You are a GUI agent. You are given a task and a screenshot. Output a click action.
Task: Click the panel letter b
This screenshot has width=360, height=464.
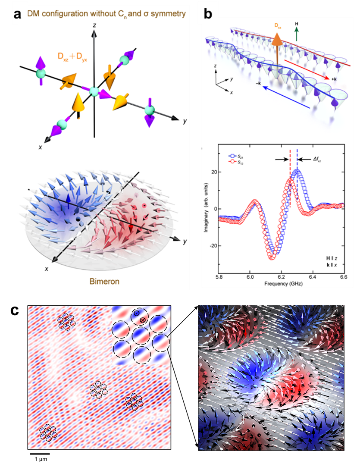pyautogui.click(x=208, y=14)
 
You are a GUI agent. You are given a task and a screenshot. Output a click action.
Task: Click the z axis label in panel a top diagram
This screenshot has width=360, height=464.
pyautogui.click(x=94, y=26)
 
